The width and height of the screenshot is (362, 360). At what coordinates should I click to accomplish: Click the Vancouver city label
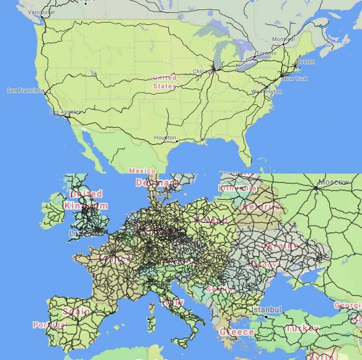click(41, 12)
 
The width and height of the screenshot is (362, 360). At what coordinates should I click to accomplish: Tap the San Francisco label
click(25, 91)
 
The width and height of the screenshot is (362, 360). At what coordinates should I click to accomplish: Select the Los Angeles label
click(65, 112)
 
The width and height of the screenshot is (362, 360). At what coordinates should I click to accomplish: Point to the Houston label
click(165, 138)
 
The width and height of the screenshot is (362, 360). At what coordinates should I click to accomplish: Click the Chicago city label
click(202, 71)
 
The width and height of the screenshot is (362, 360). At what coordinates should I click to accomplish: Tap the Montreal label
click(283, 39)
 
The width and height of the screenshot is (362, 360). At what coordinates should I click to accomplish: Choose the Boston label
click(306, 62)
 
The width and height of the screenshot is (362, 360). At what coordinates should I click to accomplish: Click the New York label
click(295, 79)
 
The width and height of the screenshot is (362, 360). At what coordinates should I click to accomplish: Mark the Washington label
click(266, 92)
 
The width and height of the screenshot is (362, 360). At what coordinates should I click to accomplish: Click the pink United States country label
click(164, 82)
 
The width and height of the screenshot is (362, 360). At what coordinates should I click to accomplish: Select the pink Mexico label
click(142, 171)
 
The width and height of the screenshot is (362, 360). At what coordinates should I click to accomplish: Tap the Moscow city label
click(334, 182)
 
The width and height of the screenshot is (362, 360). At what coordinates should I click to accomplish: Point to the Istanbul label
click(266, 309)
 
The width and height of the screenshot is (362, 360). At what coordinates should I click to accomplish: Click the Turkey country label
click(303, 328)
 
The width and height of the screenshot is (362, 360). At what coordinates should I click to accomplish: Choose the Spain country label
click(76, 311)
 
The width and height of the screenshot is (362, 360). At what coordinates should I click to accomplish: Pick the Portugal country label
click(50, 325)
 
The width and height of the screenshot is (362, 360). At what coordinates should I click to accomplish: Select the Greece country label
click(237, 332)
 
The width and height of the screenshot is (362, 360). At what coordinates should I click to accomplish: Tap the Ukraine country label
click(280, 246)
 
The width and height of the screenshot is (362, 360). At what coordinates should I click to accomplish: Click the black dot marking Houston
click(177, 141)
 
